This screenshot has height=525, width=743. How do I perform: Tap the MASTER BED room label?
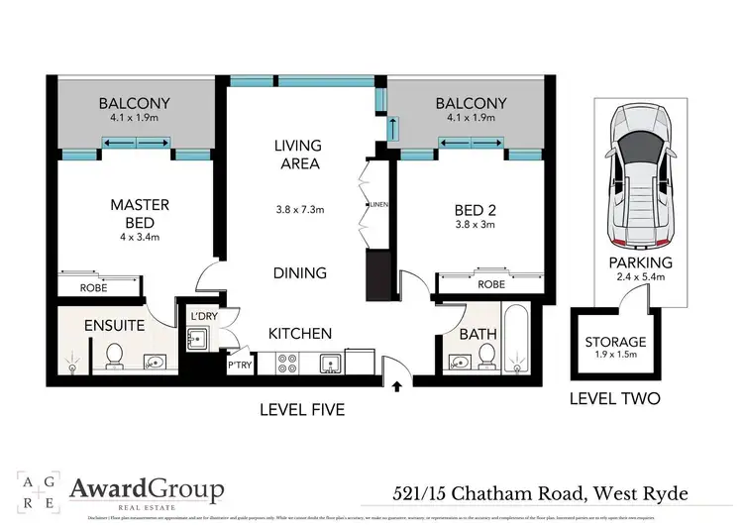coord(139,212)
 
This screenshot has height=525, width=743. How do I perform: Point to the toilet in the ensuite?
coord(114,353)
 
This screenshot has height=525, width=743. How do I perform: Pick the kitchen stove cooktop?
coord(287,363)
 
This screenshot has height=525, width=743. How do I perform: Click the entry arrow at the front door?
coord(398,385)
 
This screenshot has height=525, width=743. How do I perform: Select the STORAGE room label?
coord(615,342)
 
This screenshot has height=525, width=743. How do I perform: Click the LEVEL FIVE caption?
coord(301,408)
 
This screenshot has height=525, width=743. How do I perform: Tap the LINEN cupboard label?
coord(376,205)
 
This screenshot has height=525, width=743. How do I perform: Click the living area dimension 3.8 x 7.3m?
coord(297,209)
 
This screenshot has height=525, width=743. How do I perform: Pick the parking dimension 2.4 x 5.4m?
coord(642,278)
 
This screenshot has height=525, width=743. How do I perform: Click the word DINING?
coord(301,272)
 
